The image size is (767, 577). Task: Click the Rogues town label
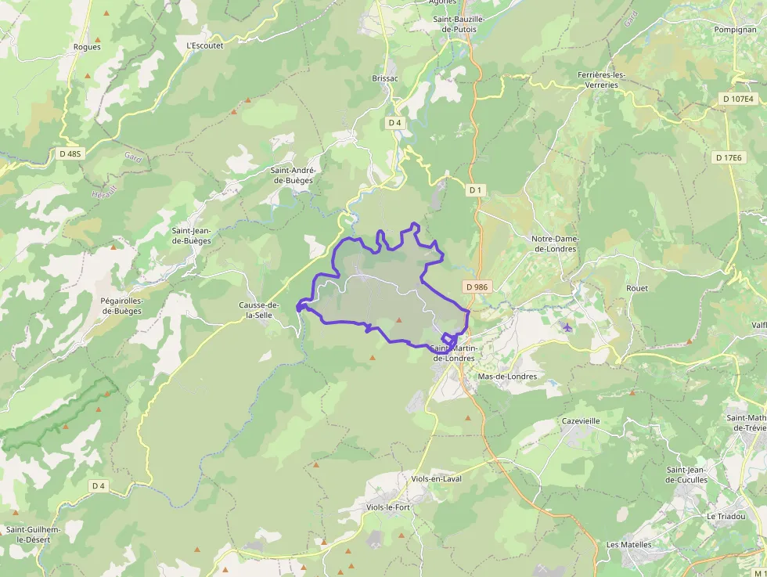click(87, 47)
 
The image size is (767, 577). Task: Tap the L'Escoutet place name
click(205, 45)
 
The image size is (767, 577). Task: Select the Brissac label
click(385, 79)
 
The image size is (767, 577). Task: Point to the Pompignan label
click(734, 29)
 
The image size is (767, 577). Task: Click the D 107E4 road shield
click(737, 99)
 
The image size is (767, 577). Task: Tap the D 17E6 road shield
click(728, 157)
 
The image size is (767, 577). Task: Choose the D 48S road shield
click(70, 153)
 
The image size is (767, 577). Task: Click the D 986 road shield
click(476, 287)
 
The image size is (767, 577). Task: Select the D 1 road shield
click(475, 190)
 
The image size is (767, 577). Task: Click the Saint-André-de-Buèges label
click(293, 175)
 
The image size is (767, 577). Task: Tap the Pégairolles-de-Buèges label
click(121, 305)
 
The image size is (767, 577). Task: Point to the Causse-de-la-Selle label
click(259, 310)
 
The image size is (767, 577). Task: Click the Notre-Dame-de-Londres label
click(554, 243)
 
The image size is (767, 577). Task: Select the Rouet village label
click(637, 288)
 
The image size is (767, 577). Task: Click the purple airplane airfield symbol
click(567, 326)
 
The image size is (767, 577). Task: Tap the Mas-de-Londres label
click(507, 377)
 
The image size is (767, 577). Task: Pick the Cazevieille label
click(581, 420)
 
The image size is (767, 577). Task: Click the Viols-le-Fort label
click(388, 507)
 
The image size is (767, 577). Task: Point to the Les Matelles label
click(629, 544)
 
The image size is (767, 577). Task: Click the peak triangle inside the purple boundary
click(399, 319)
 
